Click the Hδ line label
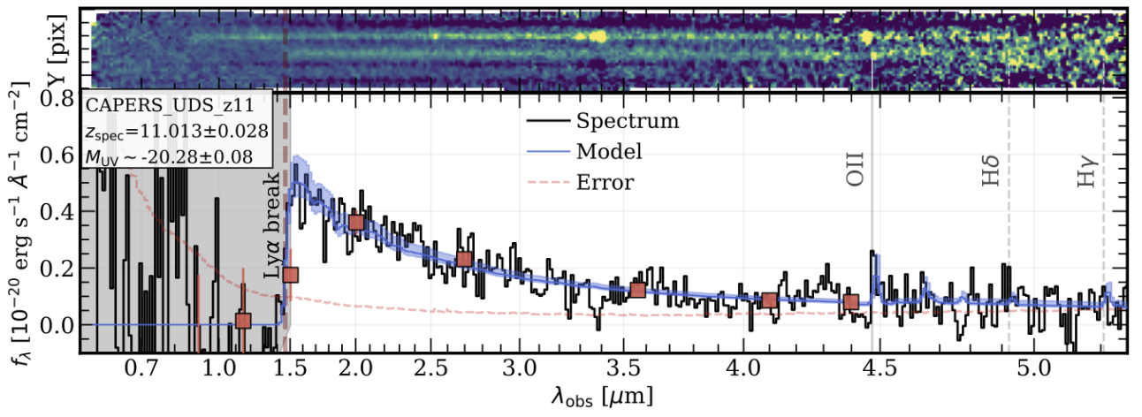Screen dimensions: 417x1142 991,175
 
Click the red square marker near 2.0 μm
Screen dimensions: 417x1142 356,223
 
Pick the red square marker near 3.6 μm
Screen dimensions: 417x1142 638,290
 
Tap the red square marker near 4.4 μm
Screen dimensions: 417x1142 851,302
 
